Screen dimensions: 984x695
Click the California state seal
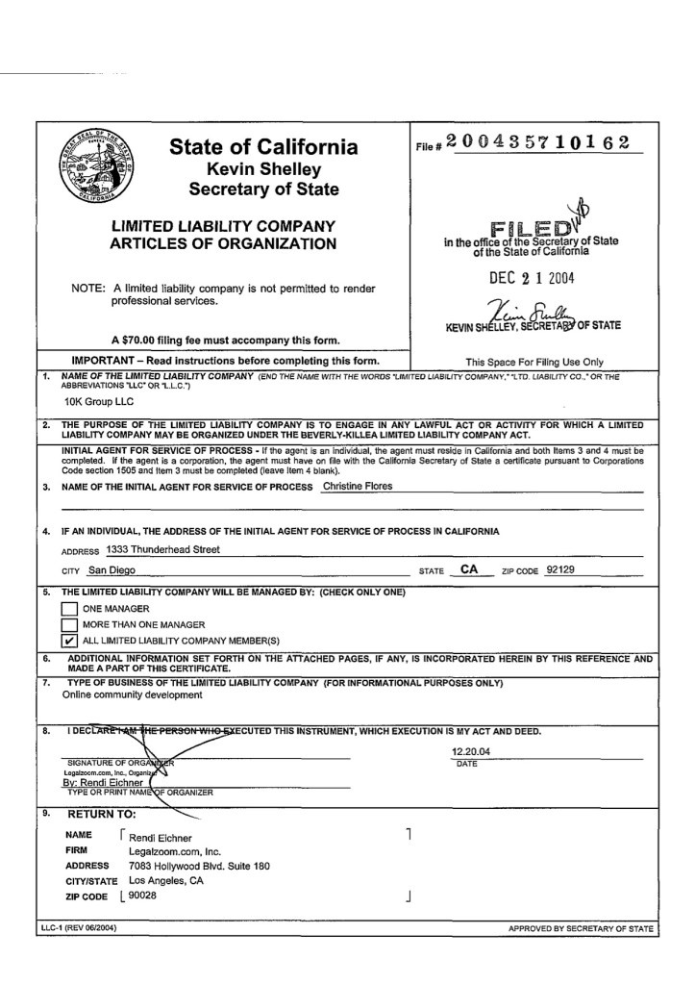pyautogui.click(x=97, y=165)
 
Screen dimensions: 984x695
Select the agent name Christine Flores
pyautogui.click(x=359, y=486)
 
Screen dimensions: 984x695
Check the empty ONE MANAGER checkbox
pyautogui.click(x=69, y=608)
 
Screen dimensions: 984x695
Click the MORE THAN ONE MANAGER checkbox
pyautogui.click(x=69, y=623)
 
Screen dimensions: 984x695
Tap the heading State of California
pyautogui.click(x=263, y=147)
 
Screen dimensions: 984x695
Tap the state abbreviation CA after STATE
pyautogui.click(x=470, y=569)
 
